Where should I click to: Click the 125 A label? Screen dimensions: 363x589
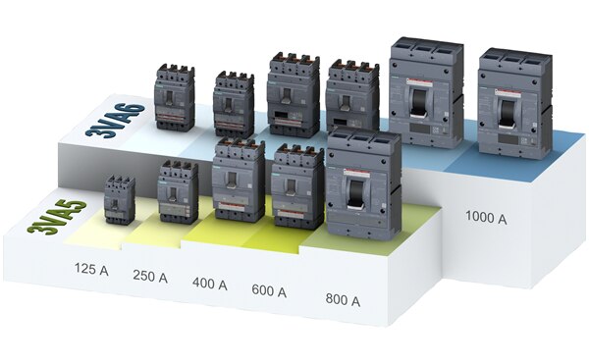coord(91,268)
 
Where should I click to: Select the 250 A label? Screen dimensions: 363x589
coord(149,278)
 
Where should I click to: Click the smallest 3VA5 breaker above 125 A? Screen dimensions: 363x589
coord(119,199)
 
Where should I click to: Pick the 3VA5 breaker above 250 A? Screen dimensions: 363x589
coord(178,192)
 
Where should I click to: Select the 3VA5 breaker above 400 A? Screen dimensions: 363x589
coord(239,181)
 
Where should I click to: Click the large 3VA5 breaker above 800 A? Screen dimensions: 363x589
coord(363,185)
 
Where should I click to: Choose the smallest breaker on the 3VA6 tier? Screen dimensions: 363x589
coord(175,98)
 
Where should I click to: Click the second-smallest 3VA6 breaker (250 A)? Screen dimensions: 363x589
coord(234,103)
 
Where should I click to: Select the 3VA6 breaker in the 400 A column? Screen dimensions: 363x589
coord(294,95)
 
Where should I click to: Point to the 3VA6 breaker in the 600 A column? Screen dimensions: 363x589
coord(351,99)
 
